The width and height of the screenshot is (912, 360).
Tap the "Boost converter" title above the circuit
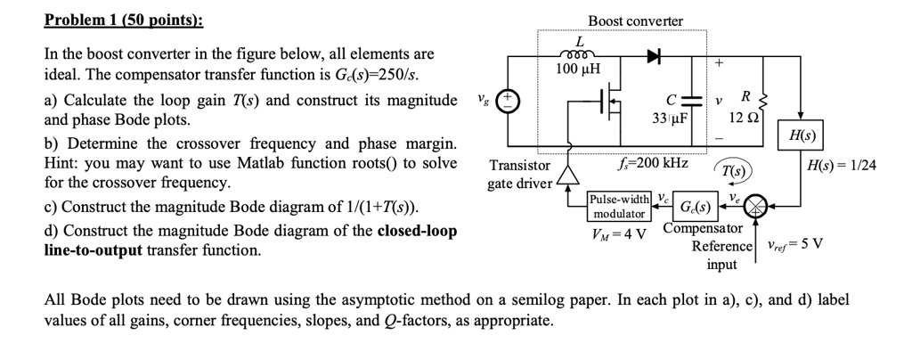point(635,20)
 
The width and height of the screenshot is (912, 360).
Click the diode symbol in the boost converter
point(655,55)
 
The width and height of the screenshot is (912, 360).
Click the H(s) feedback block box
point(798,137)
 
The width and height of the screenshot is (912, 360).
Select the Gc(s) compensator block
point(695,208)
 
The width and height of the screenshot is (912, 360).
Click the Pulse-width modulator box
point(619,207)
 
